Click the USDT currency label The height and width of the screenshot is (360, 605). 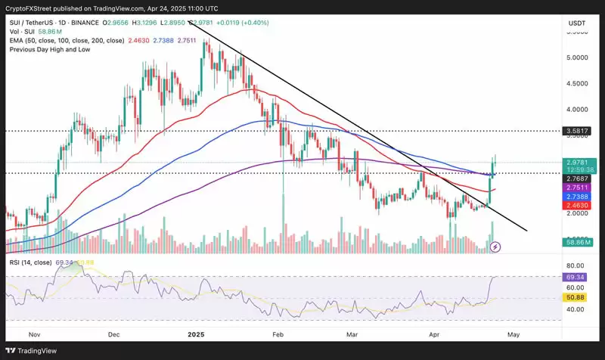point(576,23)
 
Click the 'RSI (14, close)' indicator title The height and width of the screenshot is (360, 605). point(30,262)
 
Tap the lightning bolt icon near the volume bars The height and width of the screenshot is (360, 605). point(495,247)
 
